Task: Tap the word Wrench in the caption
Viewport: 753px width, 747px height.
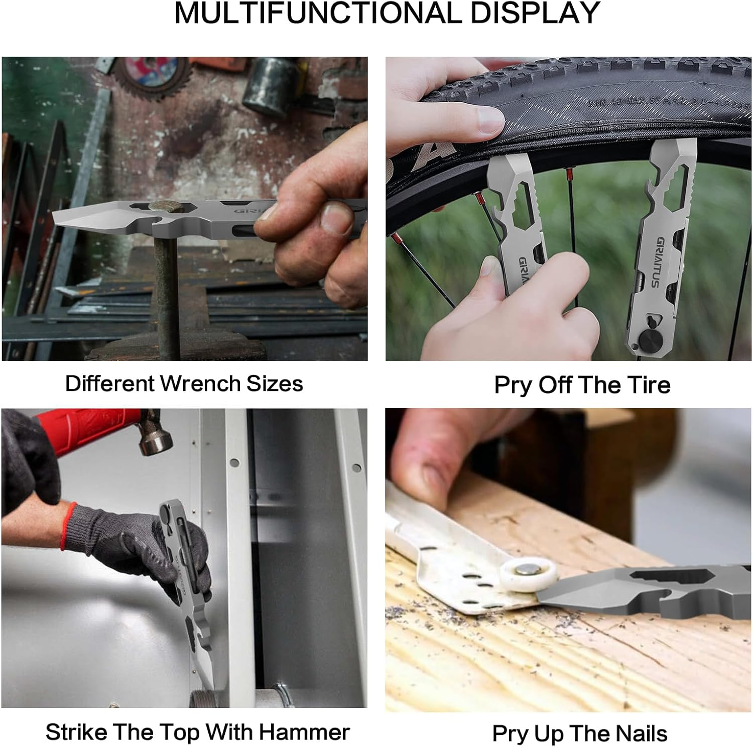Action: (x=200, y=384)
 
